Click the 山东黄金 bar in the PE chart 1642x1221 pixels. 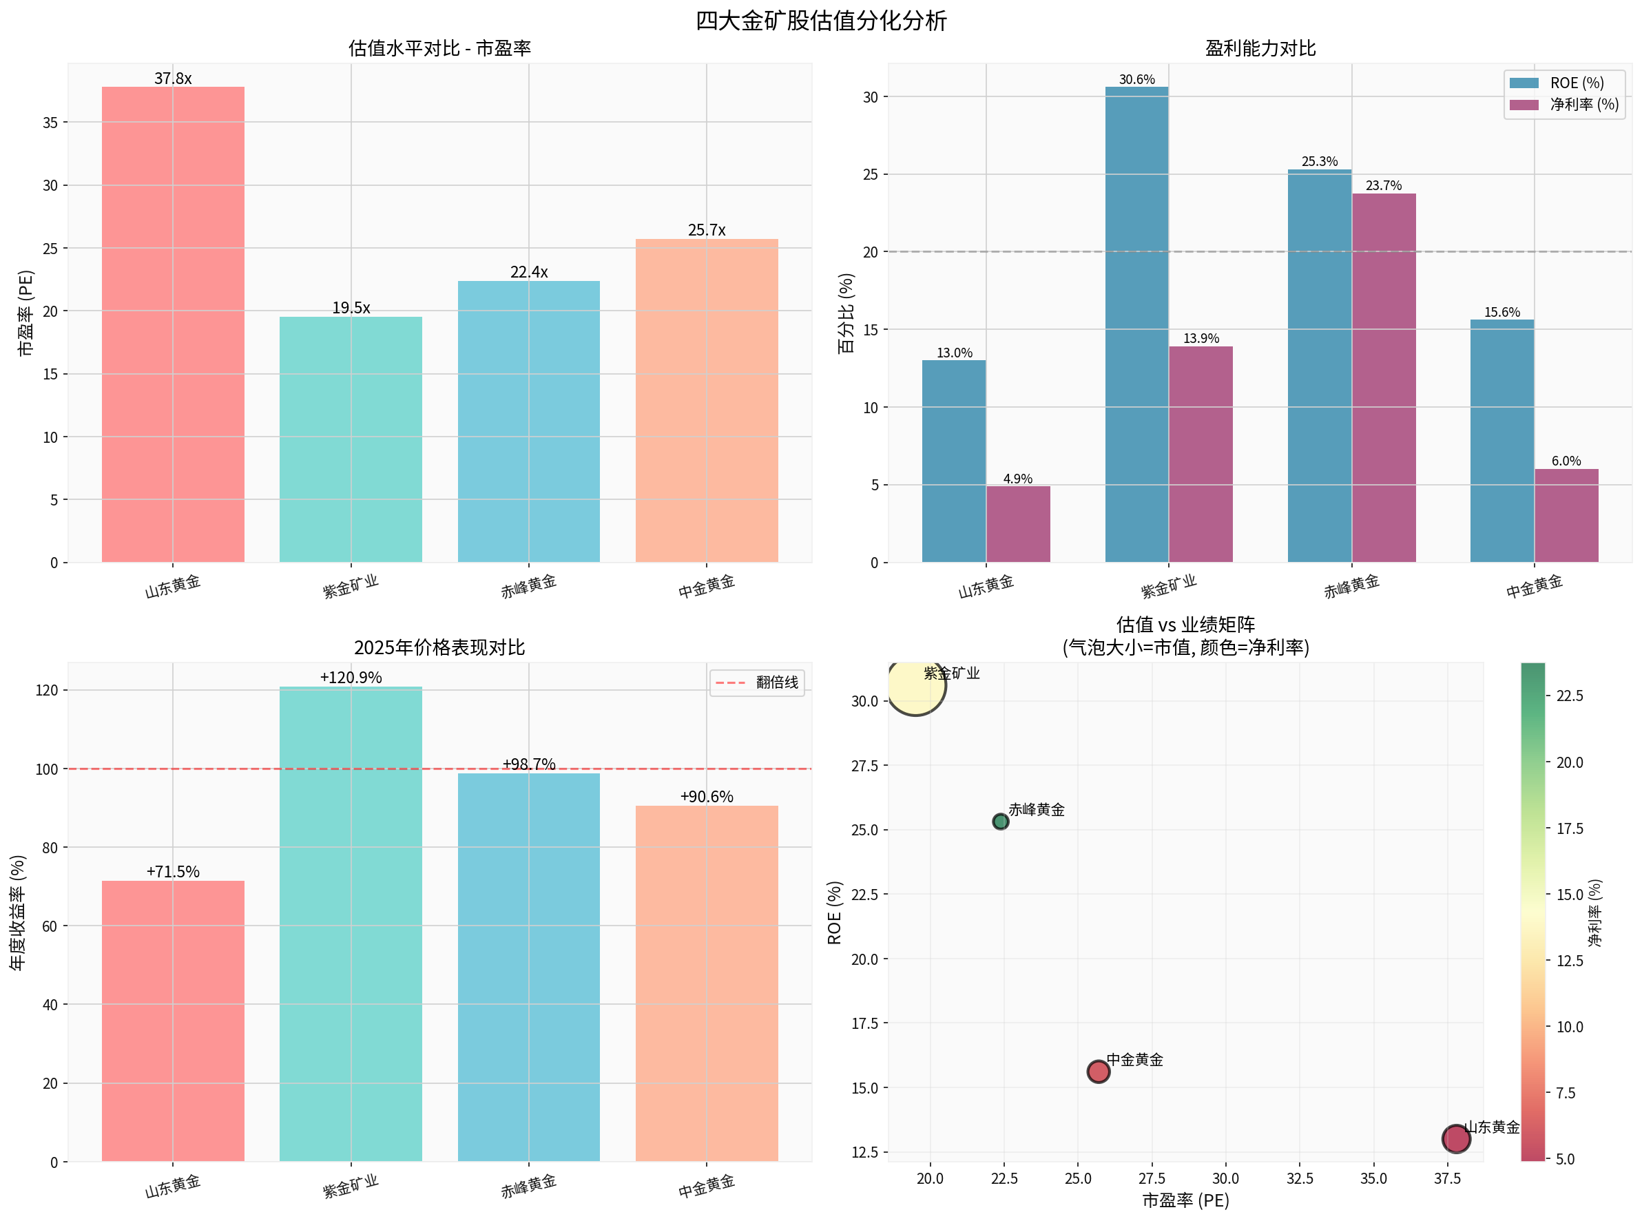tap(172, 325)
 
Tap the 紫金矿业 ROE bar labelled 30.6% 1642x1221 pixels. tap(1136, 325)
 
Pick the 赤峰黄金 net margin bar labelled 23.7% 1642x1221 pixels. tap(1383, 377)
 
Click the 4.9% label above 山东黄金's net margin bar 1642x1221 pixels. tap(1017, 479)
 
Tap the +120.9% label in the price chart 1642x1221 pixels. tap(351, 677)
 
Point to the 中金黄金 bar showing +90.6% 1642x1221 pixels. tap(706, 983)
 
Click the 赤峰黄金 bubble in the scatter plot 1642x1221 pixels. tap(999, 822)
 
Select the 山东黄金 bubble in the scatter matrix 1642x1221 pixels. tap(1455, 1139)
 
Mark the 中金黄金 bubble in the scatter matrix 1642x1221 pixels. tap(1098, 1071)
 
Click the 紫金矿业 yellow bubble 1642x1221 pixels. tap(915, 685)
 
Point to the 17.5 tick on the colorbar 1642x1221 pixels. tap(1570, 828)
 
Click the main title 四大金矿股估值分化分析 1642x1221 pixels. tap(820, 20)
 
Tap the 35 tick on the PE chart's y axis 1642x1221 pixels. tap(50, 123)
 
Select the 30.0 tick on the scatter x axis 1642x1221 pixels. tap(1225, 1178)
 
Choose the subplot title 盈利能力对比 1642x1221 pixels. tap(1260, 49)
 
